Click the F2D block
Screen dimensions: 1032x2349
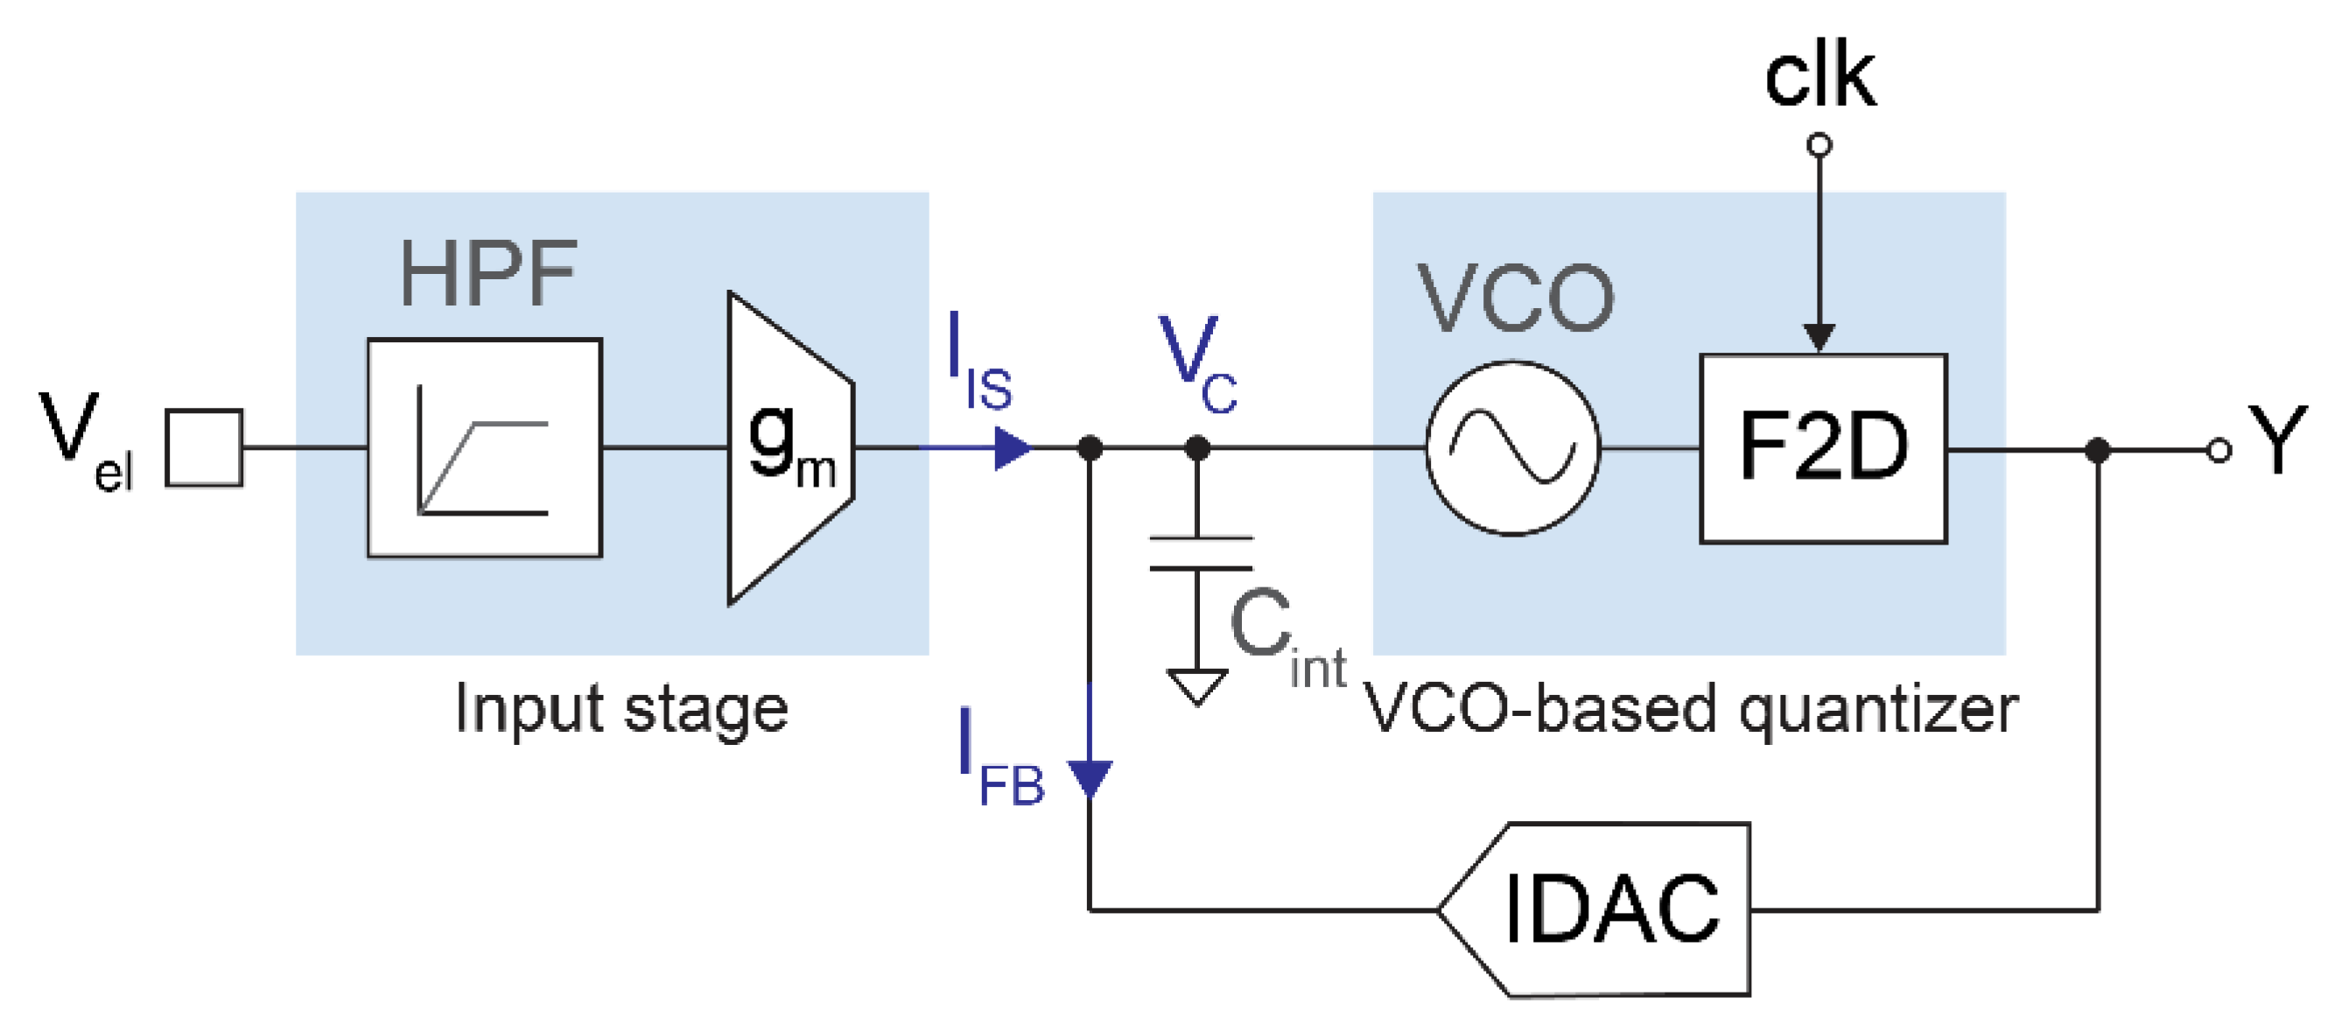click(1823, 448)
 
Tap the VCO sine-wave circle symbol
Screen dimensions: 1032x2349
click(1513, 447)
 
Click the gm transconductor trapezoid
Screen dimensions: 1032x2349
click(789, 447)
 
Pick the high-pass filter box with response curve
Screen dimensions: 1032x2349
click(484, 447)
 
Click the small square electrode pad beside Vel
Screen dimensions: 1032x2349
click(203, 447)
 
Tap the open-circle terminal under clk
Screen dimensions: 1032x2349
click(1820, 145)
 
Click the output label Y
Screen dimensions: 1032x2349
click(2277, 441)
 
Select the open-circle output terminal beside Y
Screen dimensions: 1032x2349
click(2219, 451)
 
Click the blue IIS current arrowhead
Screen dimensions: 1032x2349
click(1010, 448)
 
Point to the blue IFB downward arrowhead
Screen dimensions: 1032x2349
click(1090, 777)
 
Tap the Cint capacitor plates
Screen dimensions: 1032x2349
click(1200, 553)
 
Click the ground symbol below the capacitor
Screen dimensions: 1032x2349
click(1197, 685)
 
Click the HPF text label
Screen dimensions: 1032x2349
click(487, 273)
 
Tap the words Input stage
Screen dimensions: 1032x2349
click(621, 709)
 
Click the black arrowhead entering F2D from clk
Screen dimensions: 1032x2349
click(1820, 336)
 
